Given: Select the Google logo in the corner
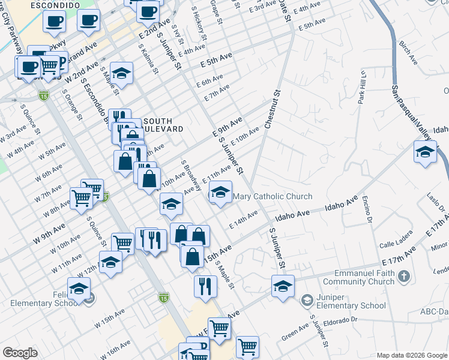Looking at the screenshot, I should point(20,353).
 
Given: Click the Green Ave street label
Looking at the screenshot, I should point(295,329).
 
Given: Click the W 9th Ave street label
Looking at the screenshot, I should point(50,230).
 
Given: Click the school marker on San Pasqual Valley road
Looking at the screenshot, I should point(424,151).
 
